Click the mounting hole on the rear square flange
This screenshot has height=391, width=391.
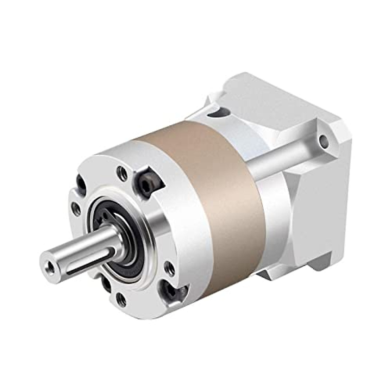click(x=323, y=140)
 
